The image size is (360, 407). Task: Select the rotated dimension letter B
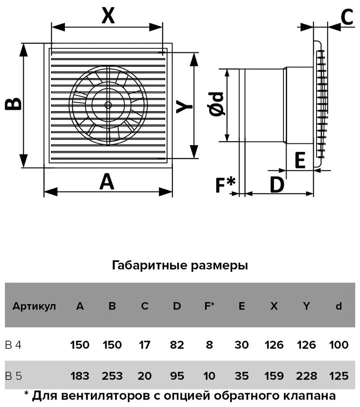click(13, 104)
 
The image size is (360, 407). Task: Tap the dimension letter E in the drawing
click(300, 160)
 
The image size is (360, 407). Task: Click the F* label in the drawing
click(225, 184)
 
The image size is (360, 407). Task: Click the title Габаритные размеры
click(180, 265)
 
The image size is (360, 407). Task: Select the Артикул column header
click(34, 307)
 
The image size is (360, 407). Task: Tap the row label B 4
click(13, 345)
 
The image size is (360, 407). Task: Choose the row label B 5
click(13, 376)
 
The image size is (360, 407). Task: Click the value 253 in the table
click(112, 376)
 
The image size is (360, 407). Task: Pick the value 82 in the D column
click(177, 345)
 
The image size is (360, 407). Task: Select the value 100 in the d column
click(339, 345)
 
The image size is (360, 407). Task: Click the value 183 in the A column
click(80, 376)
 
